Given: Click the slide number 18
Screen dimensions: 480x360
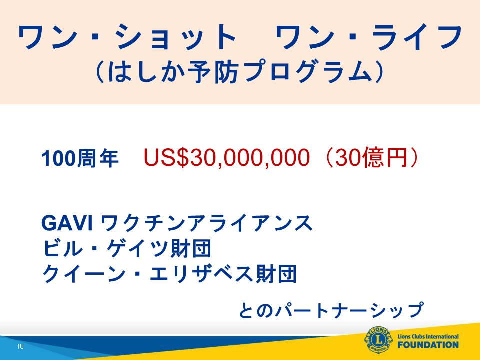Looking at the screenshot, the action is coord(20,346).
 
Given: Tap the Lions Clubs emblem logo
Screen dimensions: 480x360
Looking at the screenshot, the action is coord(378,340).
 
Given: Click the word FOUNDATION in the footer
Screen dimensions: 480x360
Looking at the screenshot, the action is coord(428,345).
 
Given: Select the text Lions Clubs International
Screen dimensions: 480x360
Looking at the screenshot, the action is coord(428,336).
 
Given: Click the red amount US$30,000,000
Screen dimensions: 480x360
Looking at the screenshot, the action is coord(226,158).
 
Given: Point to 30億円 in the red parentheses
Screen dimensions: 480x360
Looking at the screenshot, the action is coord(371,158).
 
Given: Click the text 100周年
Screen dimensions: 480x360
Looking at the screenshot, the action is coord(80,159).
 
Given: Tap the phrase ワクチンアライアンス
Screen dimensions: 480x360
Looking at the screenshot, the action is coord(206,223).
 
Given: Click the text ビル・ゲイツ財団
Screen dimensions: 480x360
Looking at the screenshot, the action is coord(127,248).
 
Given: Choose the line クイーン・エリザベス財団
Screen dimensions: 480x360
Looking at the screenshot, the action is coord(169,273).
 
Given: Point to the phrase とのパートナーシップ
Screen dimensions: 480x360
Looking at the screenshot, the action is coord(331,310).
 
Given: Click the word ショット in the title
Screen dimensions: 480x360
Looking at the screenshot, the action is coord(176,36).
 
